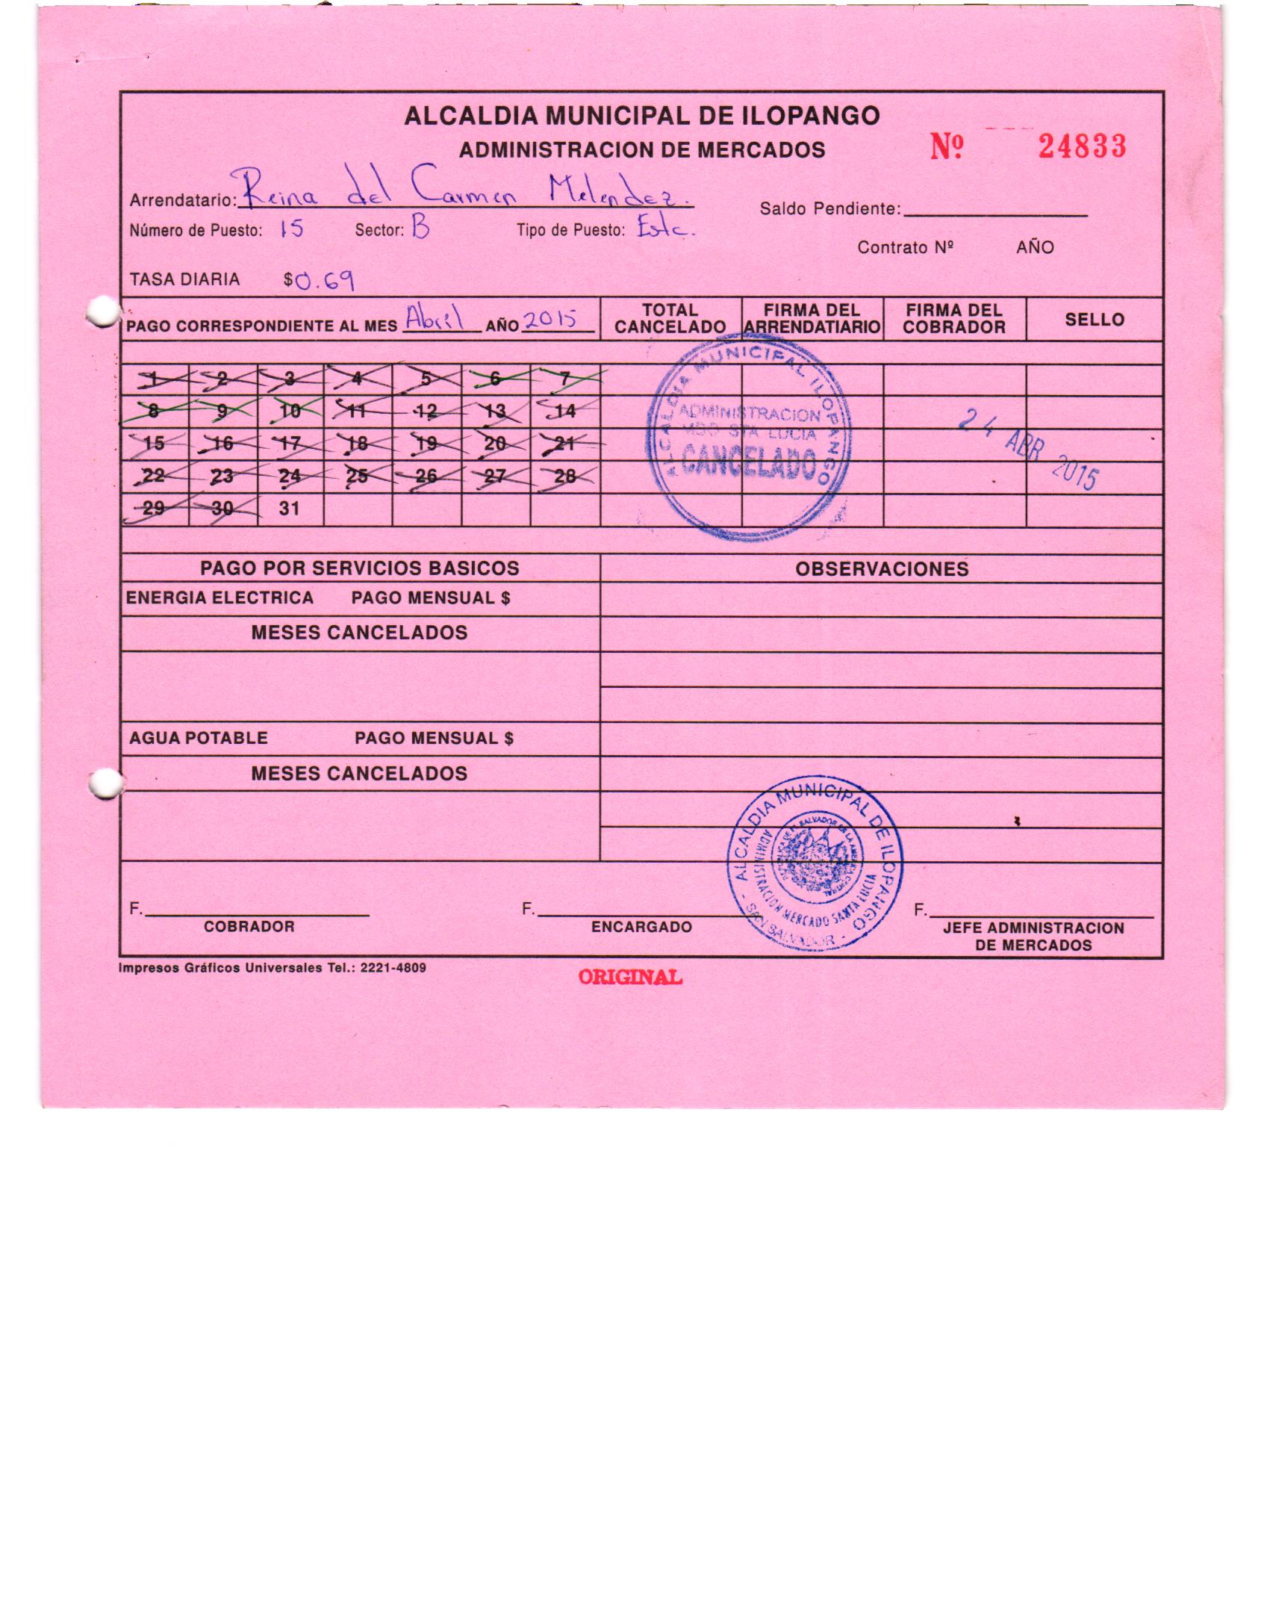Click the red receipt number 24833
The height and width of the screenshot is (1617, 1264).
coord(1081,146)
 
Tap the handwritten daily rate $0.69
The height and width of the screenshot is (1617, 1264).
coord(320,281)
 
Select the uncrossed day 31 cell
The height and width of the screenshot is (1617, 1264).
coord(290,509)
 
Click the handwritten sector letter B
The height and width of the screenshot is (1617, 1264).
coord(420,227)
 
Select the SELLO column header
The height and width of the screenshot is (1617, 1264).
coord(1094,320)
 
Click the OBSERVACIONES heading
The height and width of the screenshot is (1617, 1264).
coord(882,569)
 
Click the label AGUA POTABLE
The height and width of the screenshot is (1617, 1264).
coord(199,738)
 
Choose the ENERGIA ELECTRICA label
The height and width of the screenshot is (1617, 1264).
coord(220,598)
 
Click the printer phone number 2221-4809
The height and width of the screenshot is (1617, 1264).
coord(393,968)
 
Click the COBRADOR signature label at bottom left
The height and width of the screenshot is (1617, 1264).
coord(249,926)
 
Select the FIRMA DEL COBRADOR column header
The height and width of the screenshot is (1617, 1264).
coord(953,319)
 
